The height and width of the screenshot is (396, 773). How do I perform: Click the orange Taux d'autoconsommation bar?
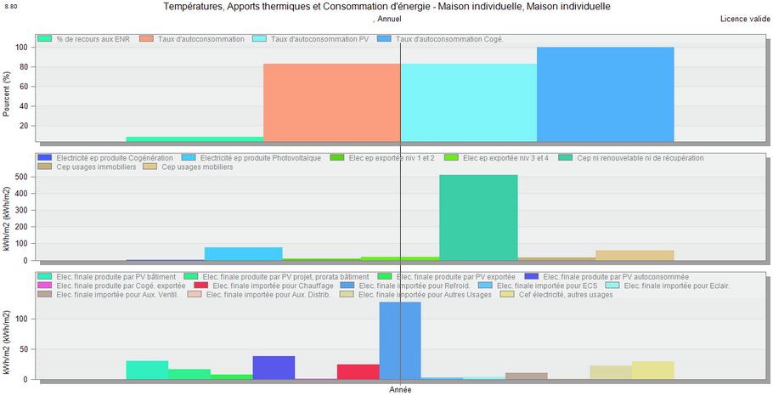[x=331, y=102]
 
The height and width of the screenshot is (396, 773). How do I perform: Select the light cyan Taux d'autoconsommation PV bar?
[x=468, y=102]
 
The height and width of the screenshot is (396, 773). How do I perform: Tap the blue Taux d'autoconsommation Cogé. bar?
[x=605, y=93]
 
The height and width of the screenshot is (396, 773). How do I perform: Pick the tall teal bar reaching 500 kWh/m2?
[x=478, y=218]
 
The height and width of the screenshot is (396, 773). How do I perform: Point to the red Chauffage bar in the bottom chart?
[x=358, y=371]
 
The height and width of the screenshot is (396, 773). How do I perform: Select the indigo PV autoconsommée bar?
[x=274, y=367]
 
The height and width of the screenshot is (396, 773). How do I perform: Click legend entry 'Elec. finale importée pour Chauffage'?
[x=271, y=286]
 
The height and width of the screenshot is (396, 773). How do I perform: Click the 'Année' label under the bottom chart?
[x=400, y=389]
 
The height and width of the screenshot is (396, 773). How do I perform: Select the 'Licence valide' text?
[x=744, y=18]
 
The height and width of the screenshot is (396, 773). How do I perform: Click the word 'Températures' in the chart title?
[x=189, y=7]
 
